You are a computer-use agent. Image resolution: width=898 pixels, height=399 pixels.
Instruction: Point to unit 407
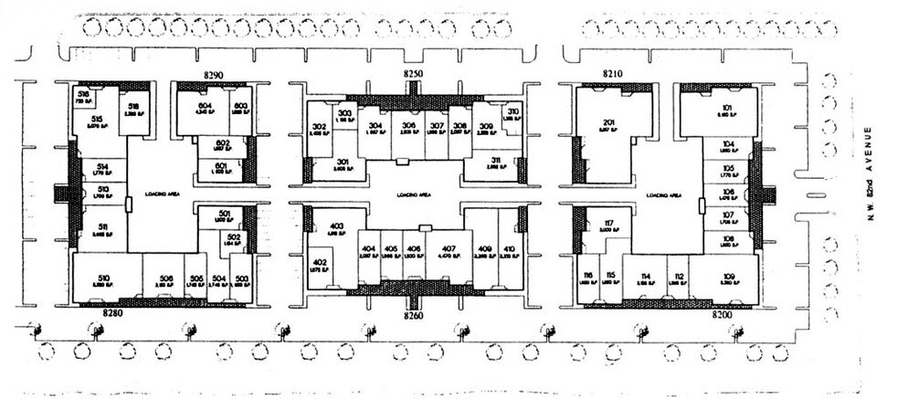[x=448, y=252]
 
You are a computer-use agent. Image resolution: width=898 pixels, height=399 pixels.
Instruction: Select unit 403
[x=335, y=229]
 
